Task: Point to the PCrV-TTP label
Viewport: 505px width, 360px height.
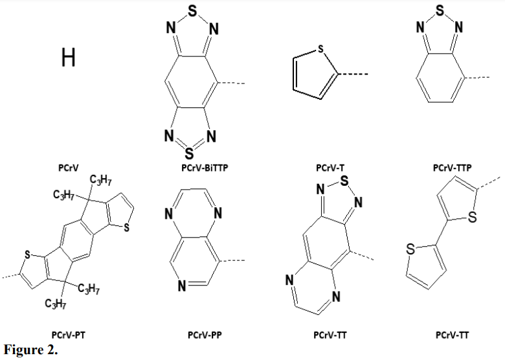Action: point(452,168)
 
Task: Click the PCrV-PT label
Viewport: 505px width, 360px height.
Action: point(69,335)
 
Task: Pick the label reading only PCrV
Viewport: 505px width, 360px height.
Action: point(69,168)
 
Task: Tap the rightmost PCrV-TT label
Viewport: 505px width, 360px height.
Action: point(453,335)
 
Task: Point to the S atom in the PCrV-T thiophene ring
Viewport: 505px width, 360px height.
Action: point(321,49)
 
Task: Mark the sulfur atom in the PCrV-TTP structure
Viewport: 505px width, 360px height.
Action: point(440,11)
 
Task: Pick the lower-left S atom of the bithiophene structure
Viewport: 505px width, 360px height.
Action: point(410,248)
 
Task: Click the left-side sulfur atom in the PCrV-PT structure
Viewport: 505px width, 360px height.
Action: point(26,255)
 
